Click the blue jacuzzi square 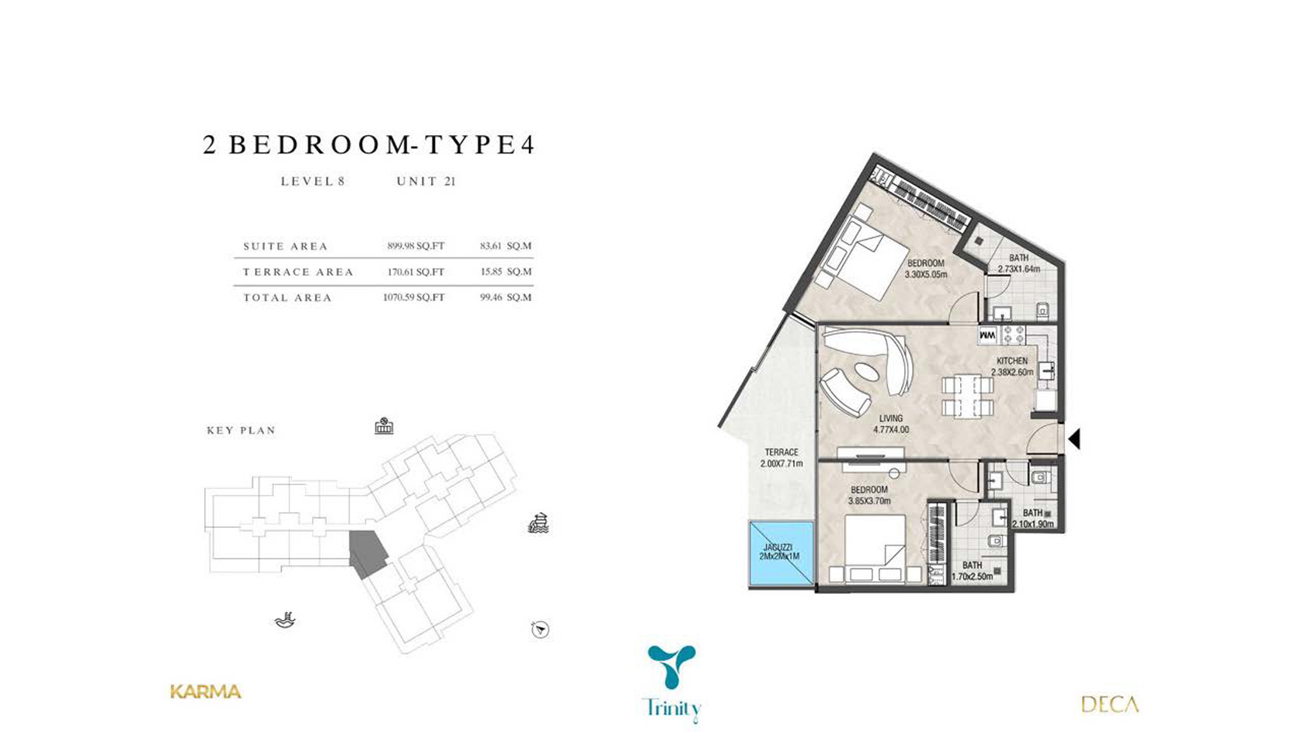(x=781, y=553)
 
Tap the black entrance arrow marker (x=1074, y=439)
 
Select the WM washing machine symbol (x=987, y=335)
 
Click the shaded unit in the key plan (x=367, y=552)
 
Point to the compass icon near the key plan (x=540, y=629)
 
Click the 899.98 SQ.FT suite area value (x=416, y=246)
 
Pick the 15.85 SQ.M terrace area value (x=506, y=272)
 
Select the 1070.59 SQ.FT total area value (x=413, y=297)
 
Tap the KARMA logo (x=205, y=692)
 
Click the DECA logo (x=1109, y=704)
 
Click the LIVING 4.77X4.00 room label (x=890, y=424)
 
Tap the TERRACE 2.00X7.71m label (x=782, y=457)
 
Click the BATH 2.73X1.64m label (x=1018, y=263)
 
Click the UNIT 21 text (x=426, y=182)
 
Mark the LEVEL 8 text (x=312, y=182)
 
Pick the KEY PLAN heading (x=241, y=430)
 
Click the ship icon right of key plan (x=538, y=523)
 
